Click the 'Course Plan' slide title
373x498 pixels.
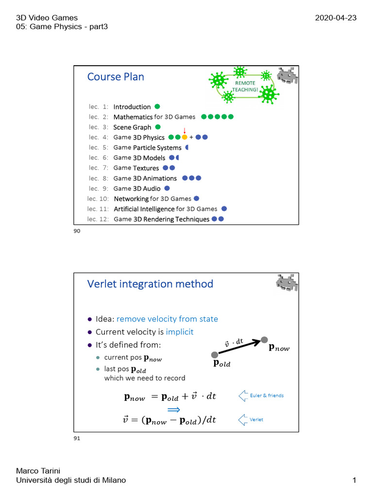click(116, 77)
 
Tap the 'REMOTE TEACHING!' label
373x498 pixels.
click(245, 86)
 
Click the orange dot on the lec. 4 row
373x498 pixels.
click(185, 137)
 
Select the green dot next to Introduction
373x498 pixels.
click(157, 107)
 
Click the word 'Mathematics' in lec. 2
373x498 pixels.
click(133, 117)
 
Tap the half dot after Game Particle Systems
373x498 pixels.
click(187, 147)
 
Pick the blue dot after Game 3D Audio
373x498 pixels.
click(167, 188)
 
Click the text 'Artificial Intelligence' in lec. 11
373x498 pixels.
click(144, 209)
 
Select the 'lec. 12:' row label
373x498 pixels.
click(98, 219)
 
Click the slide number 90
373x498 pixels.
click(77, 231)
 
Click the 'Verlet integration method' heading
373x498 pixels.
click(150, 284)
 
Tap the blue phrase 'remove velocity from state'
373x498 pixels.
click(167, 319)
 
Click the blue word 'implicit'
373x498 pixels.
click(179, 332)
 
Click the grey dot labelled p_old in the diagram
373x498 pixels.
click(215, 355)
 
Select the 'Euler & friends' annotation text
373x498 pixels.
click(267, 395)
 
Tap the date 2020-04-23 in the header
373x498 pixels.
click(336, 18)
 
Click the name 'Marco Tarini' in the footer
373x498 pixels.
click(36, 471)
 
